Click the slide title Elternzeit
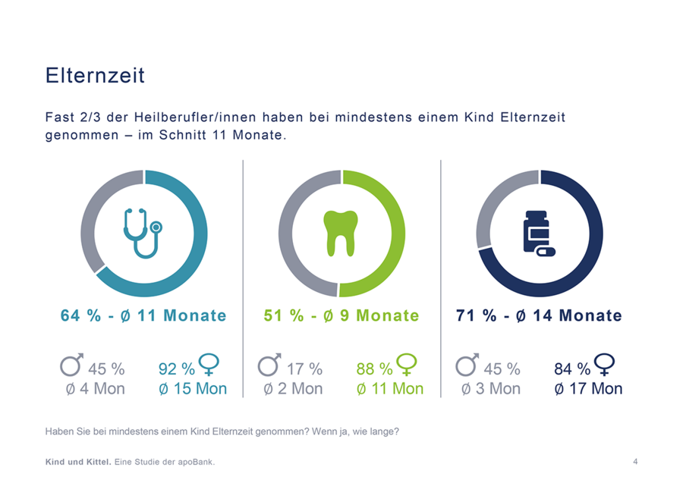click(x=95, y=76)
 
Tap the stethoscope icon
click(x=142, y=232)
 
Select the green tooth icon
click(x=340, y=233)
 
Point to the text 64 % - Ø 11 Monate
click(x=143, y=315)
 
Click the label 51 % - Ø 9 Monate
click(x=341, y=315)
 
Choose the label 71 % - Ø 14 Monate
click(x=539, y=315)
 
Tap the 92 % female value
click(x=177, y=369)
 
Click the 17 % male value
click(x=304, y=369)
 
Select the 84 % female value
click(x=572, y=369)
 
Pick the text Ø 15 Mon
click(x=193, y=389)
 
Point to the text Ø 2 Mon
click(x=293, y=389)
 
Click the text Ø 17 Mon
click(x=588, y=389)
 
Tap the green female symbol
click(x=408, y=365)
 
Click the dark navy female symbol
click(x=606, y=365)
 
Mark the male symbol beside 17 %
click(x=269, y=365)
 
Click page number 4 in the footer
click(x=635, y=461)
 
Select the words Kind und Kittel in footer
click(x=78, y=461)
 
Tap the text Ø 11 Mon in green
click(x=390, y=389)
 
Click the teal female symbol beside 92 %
click(x=209, y=365)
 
